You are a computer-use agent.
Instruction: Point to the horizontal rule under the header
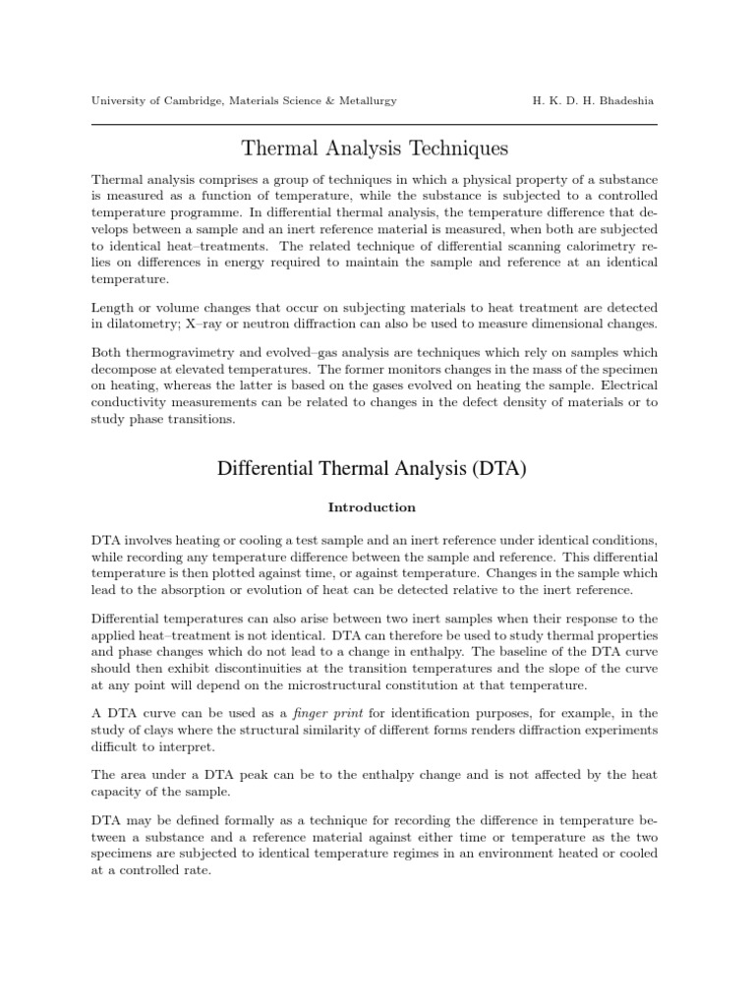(x=375, y=125)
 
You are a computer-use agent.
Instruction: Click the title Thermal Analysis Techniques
(x=375, y=149)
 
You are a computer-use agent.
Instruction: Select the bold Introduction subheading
(x=372, y=508)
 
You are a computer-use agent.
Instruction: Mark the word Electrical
(x=624, y=386)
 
